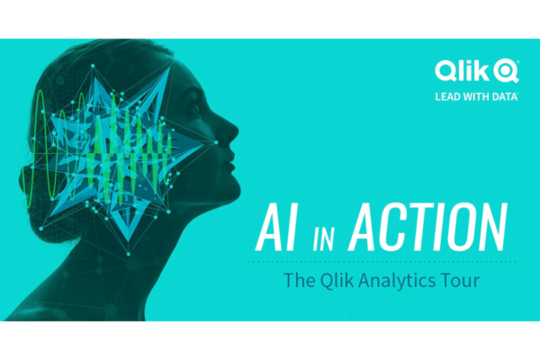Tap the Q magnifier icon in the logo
[506, 71]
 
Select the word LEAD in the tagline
[447, 96]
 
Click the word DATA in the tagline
[505, 96]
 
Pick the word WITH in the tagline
[476, 96]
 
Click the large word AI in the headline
[275, 227]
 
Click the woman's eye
[195, 109]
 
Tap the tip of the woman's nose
[238, 133]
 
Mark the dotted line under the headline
[382, 262]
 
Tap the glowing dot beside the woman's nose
[216, 142]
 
